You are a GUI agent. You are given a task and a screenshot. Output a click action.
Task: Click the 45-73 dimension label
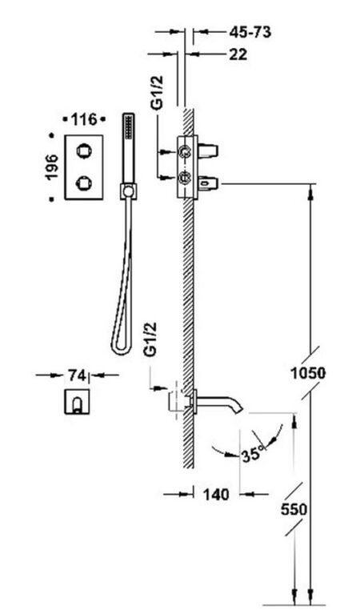250,32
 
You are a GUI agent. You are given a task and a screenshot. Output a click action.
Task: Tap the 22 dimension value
238,54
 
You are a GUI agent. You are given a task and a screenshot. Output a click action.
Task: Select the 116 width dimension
84,119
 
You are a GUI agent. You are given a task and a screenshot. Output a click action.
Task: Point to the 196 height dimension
52,167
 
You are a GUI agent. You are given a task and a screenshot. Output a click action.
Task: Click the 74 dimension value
77,375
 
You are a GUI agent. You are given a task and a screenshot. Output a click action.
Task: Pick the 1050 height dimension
308,373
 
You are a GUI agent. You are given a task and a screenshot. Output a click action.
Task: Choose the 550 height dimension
294,509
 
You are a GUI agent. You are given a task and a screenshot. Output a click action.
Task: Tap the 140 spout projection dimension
216,495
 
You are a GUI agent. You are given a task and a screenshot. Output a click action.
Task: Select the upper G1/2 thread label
158,93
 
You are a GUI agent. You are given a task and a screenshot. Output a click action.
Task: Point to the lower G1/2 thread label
150,339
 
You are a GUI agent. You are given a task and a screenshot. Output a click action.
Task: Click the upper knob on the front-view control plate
83,150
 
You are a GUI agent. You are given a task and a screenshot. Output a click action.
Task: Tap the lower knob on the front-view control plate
83,183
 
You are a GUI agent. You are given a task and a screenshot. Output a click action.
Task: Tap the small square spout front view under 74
77,402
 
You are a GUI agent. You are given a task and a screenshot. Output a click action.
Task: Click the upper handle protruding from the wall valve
208,150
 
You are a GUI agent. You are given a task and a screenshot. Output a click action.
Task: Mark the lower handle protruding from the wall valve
208,183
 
